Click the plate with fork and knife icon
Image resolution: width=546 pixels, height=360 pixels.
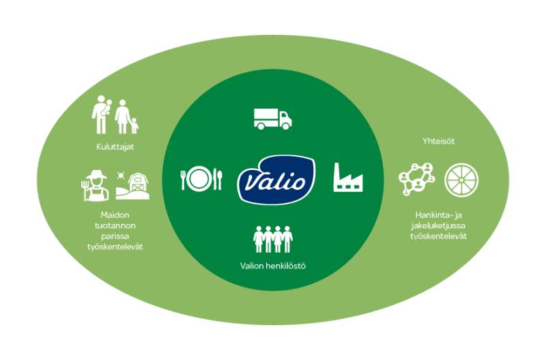point(201,179)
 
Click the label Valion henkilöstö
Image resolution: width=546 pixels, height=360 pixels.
point(273,265)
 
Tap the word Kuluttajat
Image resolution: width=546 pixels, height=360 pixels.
point(115,146)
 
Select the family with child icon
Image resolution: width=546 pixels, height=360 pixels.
point(116,117)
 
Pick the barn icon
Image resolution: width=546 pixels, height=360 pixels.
point(136,185)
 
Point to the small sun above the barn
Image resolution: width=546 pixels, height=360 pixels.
point(122,176)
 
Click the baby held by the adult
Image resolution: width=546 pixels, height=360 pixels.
point(107,105)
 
